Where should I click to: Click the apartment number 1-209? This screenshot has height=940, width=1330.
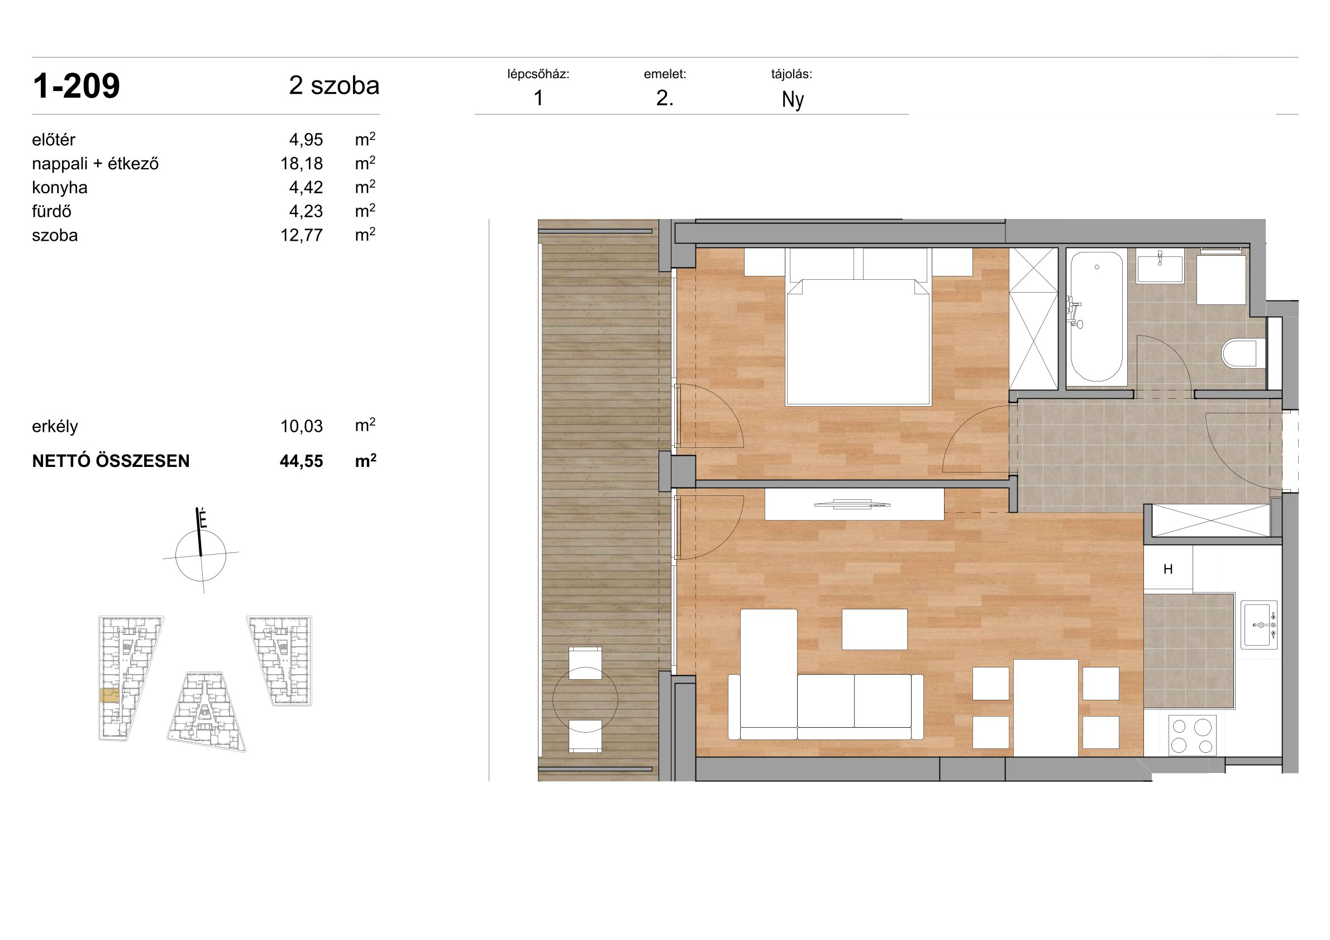[77, 87]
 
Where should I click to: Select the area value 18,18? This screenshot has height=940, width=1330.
[302, 164]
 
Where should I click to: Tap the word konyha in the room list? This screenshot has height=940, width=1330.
[60, 188]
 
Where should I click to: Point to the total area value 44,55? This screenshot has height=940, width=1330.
[301, 461]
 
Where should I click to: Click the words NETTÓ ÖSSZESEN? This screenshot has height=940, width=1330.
[111, 461]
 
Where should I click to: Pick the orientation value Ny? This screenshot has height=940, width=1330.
[793, 99]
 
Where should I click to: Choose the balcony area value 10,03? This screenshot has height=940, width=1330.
[302, 426]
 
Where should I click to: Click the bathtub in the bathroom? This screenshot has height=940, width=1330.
[1096, 317]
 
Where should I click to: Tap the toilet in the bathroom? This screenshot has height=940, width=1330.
[1242, 353]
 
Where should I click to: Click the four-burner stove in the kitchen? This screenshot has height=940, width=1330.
[1192, 736]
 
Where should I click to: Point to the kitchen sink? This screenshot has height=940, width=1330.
[1259, 625]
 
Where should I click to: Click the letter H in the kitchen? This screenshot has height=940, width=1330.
[1168, 569]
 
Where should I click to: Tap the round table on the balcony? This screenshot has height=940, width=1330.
[585, 700]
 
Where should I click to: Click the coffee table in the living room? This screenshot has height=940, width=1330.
[874, 629]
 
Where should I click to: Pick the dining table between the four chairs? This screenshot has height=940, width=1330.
[1046, 708]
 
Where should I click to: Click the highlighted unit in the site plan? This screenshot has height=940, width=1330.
[109, 695]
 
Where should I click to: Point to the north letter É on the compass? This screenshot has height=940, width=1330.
[203, 518]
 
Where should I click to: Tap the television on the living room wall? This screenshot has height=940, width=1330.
[852, 504]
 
